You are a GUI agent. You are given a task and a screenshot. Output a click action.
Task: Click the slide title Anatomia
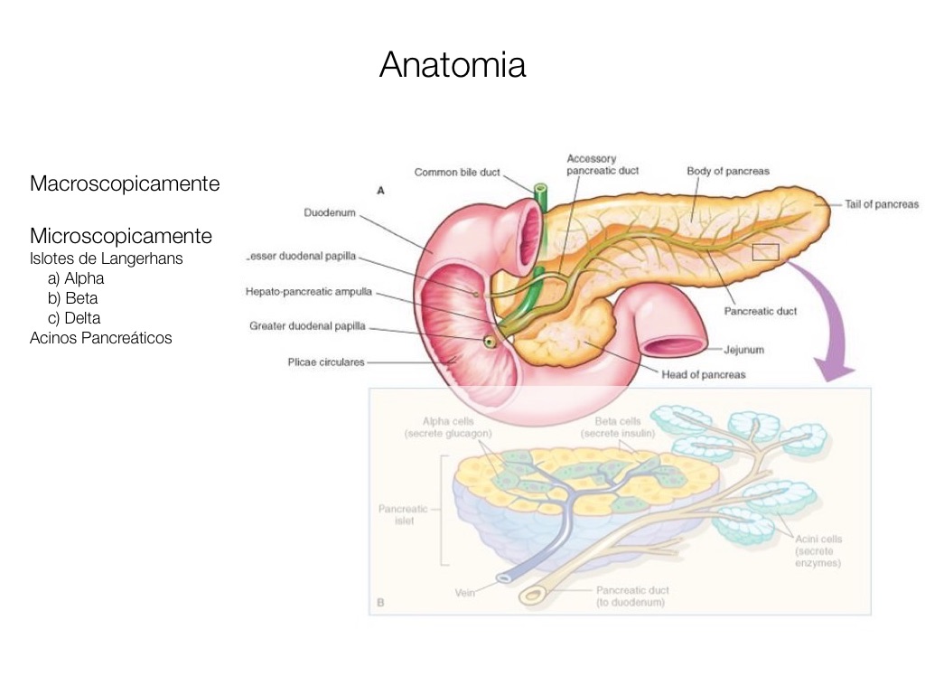click(453, 65)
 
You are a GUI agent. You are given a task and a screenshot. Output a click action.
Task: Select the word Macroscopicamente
click(125, 184)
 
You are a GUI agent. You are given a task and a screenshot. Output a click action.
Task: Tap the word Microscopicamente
click(121, 237)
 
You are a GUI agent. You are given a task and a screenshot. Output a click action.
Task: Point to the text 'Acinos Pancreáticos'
click(100, 338)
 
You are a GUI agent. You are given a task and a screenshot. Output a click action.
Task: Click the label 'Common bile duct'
click(456, 172)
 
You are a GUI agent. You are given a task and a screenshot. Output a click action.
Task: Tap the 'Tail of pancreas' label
click(882, 204)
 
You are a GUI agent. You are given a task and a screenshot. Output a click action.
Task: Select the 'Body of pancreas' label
click(728, 171)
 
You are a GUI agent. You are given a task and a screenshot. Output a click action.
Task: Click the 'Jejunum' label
click(744, 348)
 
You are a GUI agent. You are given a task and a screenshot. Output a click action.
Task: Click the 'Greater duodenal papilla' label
click(307, 326)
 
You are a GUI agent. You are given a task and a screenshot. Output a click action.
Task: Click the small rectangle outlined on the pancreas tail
click(765, 252)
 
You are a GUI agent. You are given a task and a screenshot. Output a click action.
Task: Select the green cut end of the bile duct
click(540, 192)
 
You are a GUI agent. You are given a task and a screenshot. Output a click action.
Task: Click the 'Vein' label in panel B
click(465, 593)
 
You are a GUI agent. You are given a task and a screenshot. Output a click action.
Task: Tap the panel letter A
click(380, 191)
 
